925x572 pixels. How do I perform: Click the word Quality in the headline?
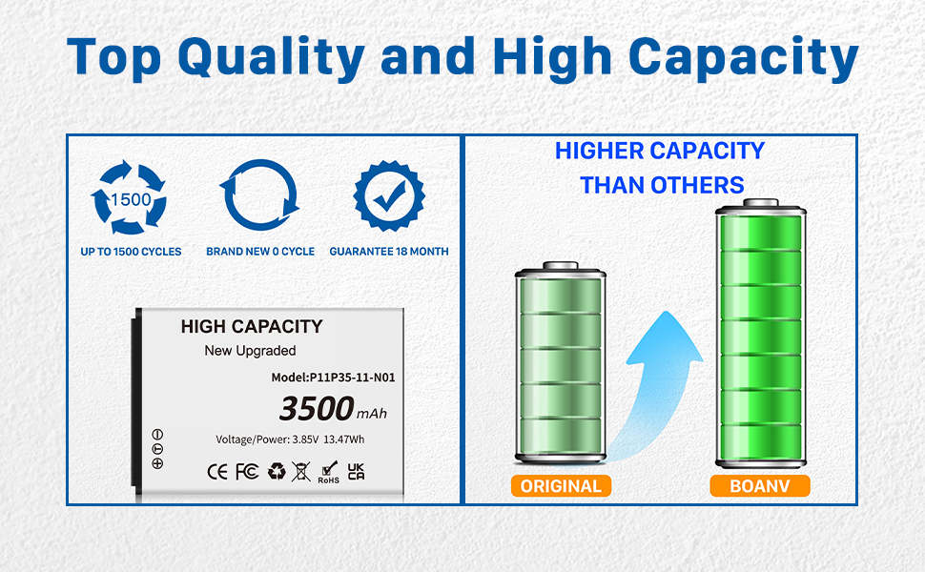[x=272, y=57]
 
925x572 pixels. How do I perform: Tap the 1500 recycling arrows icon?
[x=129, y=197]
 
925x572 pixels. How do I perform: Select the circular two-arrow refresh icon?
[x=259, y=195]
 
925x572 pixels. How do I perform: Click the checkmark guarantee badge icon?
[x=389, y=195]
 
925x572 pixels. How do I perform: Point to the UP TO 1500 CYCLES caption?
[x=131, y=252]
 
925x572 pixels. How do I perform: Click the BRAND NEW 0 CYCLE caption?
[x=260, y=252]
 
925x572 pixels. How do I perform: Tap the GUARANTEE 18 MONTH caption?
[x=389, y=252]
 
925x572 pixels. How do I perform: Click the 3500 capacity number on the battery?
[x=317, y=408]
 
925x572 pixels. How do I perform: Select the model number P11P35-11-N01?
[x=352, y=378]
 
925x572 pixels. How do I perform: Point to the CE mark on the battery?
[x=217, y=472]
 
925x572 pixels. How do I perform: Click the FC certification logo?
[x=247, y=472]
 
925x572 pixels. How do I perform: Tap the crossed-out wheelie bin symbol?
[x=300, y=472]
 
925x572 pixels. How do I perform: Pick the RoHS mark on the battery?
[x=329, y=472]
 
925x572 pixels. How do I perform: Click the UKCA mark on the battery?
[x=356, y=471]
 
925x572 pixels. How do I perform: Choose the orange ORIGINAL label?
[x=561, y=486]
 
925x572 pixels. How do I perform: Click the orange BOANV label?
[x=760, y=486]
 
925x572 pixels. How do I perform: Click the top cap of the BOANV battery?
[x=761, y=203]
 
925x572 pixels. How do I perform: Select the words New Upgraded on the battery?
[x=250, y=351]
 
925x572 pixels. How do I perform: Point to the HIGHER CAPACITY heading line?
[x=660, y=151]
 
